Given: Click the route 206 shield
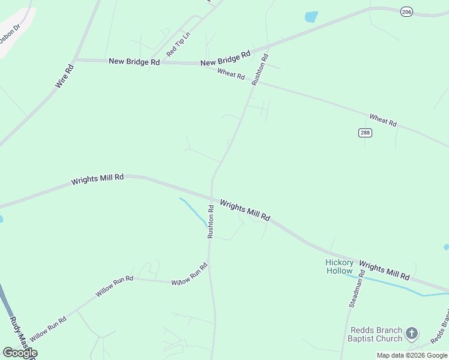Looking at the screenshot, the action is [407, 11].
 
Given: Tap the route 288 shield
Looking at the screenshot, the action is [365, 133].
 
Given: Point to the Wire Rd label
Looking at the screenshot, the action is [64, 76].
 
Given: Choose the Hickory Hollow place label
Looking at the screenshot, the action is [340, 266].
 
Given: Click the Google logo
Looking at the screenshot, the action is [20, 353].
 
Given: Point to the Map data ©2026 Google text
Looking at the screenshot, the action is [412, 355].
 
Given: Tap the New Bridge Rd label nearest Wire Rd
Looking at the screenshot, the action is [134, 61].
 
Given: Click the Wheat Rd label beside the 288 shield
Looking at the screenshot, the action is [383, 119].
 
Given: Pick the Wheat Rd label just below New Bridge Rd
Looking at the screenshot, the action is [231, 74].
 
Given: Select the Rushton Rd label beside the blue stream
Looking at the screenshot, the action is [211, 221].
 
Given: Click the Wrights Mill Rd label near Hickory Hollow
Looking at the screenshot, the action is [384, 271].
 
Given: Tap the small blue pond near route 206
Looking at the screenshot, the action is [311, 17].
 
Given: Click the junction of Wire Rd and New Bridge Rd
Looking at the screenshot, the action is [74, 60].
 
